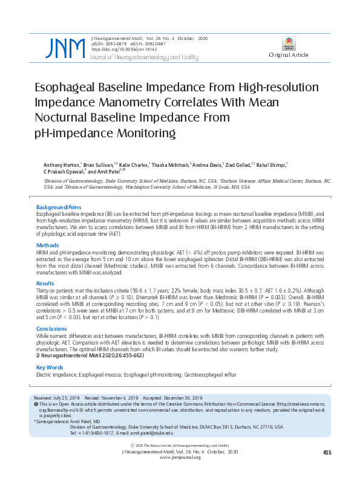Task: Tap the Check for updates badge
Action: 289,43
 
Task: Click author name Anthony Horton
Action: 61,164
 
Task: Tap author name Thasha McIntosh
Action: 171,164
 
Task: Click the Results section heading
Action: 45,283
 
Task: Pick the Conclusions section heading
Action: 51,329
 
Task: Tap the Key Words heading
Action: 50,368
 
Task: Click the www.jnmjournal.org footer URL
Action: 180,458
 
